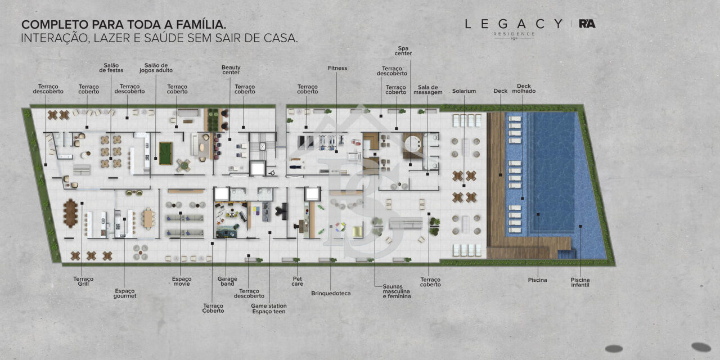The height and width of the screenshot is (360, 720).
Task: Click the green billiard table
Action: (166, 154)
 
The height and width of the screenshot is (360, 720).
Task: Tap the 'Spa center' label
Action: (403, 51)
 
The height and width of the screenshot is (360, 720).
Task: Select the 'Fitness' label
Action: (337, 68)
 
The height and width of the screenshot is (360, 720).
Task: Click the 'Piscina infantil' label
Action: (580, 282)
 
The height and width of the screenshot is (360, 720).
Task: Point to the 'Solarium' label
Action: (464, 91)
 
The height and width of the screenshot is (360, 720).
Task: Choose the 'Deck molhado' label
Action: (524, 88)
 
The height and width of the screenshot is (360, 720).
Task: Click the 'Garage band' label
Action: (227, 281)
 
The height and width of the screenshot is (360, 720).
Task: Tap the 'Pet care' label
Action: (298, 281)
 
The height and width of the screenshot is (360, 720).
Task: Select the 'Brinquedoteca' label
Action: (331, 294)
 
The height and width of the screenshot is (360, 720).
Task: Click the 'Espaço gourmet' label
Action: (125, 293)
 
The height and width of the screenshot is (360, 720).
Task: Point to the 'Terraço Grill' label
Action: (83, 281)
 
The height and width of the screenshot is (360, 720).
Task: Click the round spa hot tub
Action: (413, 143)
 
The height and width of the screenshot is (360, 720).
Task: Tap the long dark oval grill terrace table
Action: (70, 213)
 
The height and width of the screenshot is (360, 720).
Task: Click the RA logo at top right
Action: (587, 24)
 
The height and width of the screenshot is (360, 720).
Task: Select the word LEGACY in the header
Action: (514, 24)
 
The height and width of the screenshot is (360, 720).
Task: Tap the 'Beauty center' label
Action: (231, 70)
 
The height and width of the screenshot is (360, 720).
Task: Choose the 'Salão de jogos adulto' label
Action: (156, 68)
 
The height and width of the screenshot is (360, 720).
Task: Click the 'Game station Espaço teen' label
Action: (269, 309)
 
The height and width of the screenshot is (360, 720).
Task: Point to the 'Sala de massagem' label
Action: (428, 89)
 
